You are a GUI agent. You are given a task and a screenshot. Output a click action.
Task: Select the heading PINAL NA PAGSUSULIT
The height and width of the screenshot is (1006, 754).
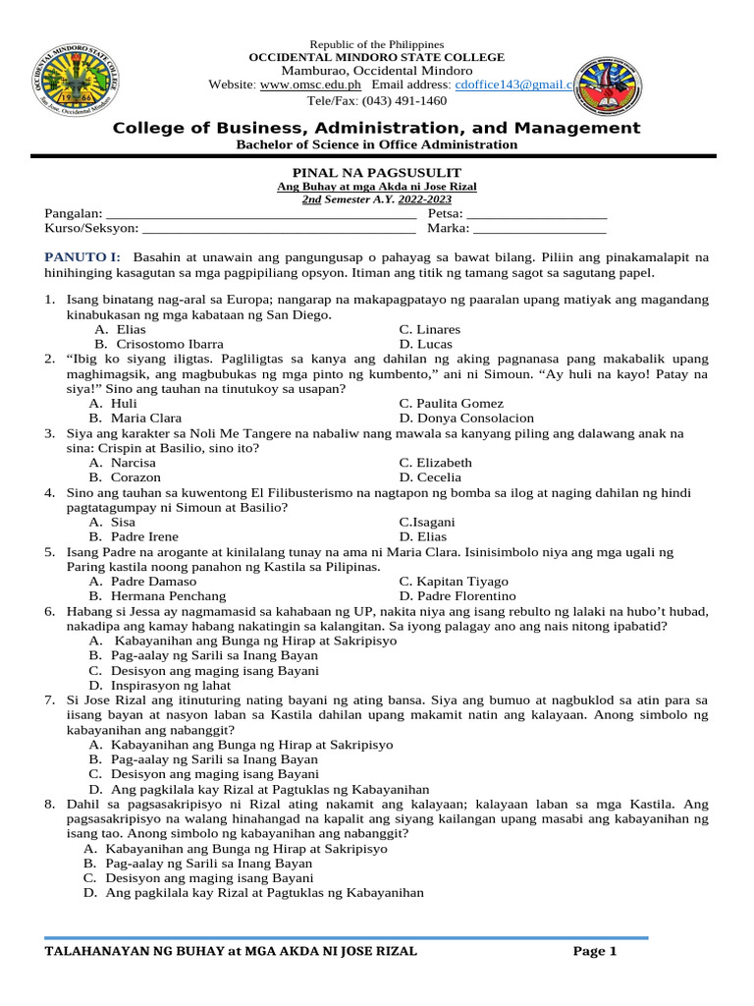pyautogui.click(x=376, y=173)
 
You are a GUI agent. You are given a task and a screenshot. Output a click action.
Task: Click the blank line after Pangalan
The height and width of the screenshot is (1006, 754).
pyautogui.click(x=261, y=213)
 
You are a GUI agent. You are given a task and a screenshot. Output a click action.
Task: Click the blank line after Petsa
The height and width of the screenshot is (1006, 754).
pyautogui.click(x=538, y=213)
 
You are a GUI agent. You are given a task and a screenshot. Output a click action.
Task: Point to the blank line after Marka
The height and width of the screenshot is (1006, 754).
pyautogui.click(x=540, y=229)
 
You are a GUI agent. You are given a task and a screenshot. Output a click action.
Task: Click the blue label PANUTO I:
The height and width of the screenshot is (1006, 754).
pyautogui.click(x=82, y=257)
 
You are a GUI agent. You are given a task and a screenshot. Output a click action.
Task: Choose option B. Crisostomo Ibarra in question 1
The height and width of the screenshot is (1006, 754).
pyautogui.click(x=158, y=345)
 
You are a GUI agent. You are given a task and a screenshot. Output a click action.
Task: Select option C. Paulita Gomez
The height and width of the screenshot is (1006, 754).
pyautogui.click(x=451, y=404)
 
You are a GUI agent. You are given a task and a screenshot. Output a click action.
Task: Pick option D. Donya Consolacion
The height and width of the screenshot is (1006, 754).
pyautogui.click(x=466, y=419)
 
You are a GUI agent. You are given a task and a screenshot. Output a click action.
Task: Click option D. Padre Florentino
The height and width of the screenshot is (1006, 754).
pyautogui.click(x=457, y=596)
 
